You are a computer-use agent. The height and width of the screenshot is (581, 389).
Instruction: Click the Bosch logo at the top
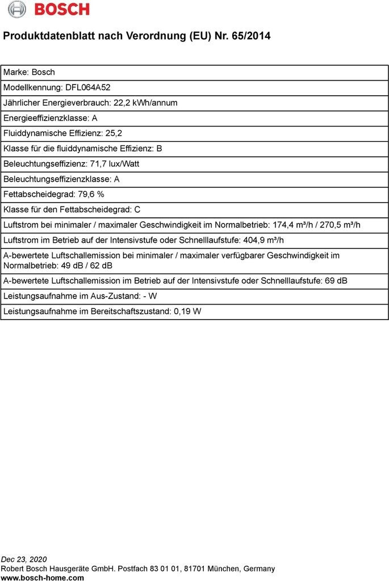[x=49, y=9]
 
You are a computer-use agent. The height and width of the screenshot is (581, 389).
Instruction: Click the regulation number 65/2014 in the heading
[x=251, y=36]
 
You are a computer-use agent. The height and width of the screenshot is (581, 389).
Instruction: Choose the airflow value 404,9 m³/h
[x=263, y=240]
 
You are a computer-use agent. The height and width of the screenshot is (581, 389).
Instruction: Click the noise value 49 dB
[x=69, y=266]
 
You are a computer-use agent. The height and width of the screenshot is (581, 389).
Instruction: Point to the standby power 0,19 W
[x=188, y=311]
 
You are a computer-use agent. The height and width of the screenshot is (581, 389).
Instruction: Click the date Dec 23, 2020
[x=24, y=559]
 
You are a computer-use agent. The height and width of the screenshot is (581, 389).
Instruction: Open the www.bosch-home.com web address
[x=43, y=578]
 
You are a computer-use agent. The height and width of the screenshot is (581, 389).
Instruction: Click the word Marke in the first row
[x=15, y=72]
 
